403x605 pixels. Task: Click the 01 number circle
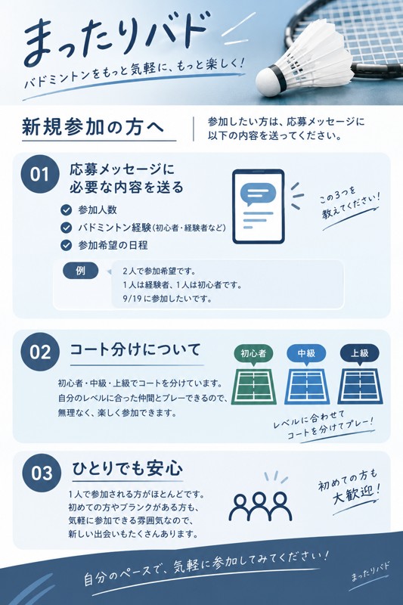[40, 175]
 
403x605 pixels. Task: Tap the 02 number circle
[40, 352]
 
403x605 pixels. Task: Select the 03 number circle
[42, 473]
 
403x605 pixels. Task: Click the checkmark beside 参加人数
[66, 210]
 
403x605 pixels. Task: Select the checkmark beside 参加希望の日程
[66, 245]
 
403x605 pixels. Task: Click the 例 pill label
[81, 271]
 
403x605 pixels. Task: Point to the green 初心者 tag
[253, 353]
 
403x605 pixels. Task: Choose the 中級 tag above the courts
[306, 353]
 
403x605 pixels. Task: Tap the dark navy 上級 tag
[359, 353]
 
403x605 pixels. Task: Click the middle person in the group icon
[260, 507]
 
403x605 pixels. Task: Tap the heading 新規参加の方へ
[93, 127]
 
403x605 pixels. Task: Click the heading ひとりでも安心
[127, 468]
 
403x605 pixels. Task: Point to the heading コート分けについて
[135, 349]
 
